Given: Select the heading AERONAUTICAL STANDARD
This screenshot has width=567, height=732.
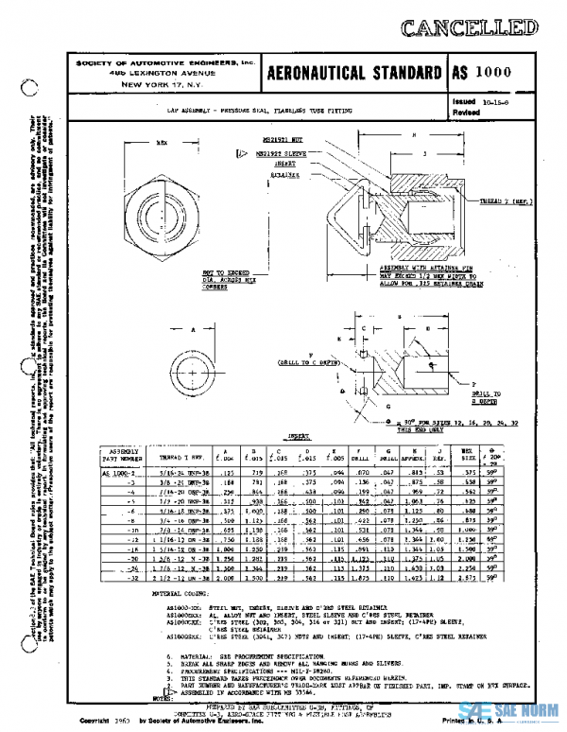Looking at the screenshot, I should [351, 75].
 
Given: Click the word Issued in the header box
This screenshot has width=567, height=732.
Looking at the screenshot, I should [464, 98].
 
